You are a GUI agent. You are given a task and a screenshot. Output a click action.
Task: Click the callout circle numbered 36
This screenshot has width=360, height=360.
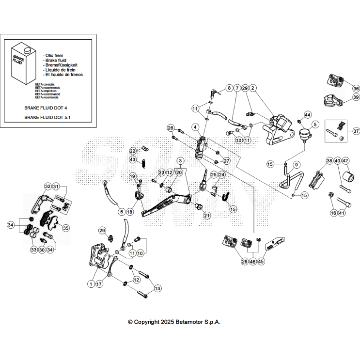tap(356, 89)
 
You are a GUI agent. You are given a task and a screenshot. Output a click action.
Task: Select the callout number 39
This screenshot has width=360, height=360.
tap(356, 97)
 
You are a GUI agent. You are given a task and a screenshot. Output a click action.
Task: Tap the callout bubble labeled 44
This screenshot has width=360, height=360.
tap(307, 114)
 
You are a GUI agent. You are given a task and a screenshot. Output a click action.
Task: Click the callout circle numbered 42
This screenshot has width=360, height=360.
tap(345, 161)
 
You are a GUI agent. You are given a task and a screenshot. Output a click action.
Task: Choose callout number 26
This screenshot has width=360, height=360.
tap(171, 128)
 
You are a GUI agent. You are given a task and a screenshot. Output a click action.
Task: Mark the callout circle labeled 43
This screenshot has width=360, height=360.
tap(132, 159)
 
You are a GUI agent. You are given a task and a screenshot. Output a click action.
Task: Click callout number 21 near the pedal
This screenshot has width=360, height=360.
tap(207, 215)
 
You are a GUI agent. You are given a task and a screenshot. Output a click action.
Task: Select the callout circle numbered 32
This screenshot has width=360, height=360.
tap(47, 186)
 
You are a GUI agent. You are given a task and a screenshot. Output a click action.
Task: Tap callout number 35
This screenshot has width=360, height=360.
tap(65, 227)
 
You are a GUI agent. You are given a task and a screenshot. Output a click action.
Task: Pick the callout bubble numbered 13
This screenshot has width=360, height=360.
tap(157, 288)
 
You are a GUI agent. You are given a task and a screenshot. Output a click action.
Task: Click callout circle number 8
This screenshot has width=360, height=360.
tap(229, 88)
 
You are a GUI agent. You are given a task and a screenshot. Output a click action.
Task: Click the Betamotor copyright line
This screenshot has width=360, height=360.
tap(174, 322)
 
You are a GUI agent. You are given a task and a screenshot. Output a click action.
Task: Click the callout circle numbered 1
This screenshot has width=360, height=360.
tap(91, 284)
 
